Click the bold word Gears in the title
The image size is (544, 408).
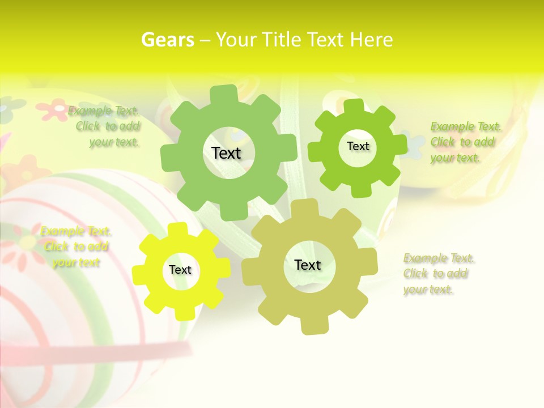[x=167, y=40]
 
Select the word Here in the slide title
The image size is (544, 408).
[x=371, y=40]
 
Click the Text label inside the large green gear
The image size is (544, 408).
[x=226, y=153]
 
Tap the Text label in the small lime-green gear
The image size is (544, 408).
[x=358, y=146]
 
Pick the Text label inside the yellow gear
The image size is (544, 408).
[x=180, y=270]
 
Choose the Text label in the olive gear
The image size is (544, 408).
[x=308, y=265]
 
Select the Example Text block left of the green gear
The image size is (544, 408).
[x=108, y=126]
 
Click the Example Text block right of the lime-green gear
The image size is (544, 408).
[x=465, y=142]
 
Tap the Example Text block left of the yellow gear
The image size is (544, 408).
[x=76, y=246]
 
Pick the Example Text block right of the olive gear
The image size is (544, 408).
[x=437, y=274]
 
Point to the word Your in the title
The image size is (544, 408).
[x=237, y=40]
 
